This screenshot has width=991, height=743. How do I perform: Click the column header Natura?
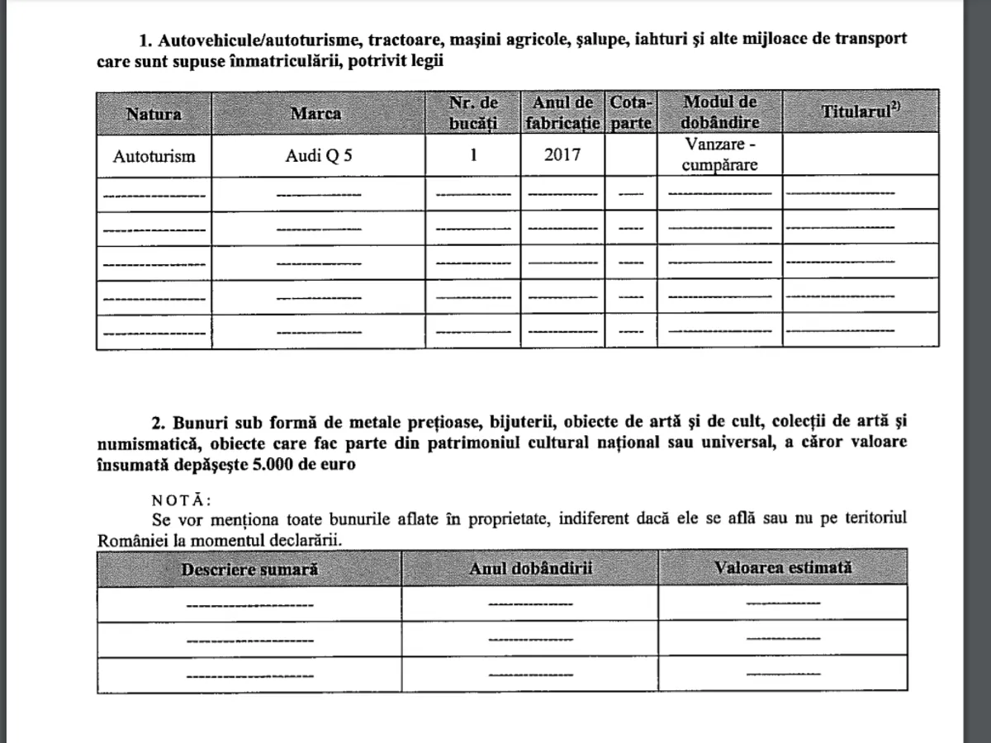[x=154, y=114]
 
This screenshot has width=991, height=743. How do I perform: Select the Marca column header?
[x=315, y=114]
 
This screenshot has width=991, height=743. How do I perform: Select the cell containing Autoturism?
[x=154, y=155]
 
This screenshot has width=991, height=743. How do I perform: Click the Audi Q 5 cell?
[x=318, y=155]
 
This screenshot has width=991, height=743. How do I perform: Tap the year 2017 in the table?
[x=562, y=155]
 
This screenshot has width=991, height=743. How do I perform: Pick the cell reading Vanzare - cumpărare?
[x=719, y=154]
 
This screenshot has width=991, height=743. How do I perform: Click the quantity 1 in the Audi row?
[x=473, y=155]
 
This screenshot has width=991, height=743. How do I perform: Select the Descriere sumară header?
[x=249, y=569]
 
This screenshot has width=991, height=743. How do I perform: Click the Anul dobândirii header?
[x=530, y=569]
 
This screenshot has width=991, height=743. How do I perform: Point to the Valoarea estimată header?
[x=783, y=568]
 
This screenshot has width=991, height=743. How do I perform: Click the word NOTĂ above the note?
[x=182, y=500]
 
